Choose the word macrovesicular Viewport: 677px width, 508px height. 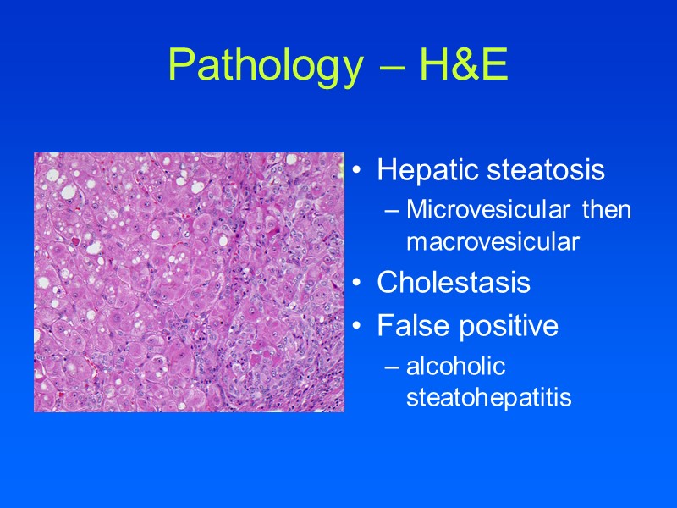pyautogui.click(x=493, y=243)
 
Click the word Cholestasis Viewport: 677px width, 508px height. pyautogui.click(x=454, y=283)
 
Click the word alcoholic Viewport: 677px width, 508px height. pyautogui.click(x=455, y=366)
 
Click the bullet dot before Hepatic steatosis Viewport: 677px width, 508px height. pyautogui.click(x=359, y=172)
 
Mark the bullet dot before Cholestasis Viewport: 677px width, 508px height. pyautogui.click(x=359, y=284)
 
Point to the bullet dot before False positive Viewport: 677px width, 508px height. pyautogui.click(x=359, y=327)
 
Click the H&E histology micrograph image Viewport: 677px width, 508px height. pyautogui.click(x=189, y=282)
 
